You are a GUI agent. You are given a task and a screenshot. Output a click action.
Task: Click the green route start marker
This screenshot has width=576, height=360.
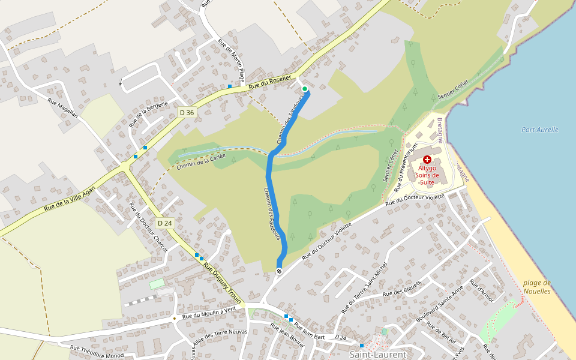point(305,89)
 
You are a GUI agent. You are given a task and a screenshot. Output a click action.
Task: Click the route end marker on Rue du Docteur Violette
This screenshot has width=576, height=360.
point(279,272)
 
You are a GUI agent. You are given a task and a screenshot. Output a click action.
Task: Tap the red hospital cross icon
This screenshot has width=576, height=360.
point(427,160)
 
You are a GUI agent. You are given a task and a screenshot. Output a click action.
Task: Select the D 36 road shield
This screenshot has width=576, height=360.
point(187,112)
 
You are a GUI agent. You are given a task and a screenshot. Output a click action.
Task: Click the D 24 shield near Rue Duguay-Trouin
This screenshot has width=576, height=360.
point(164,223)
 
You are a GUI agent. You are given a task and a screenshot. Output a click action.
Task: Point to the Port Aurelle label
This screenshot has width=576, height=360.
point(540,130)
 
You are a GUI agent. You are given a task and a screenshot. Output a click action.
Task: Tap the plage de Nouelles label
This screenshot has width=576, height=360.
point(536,287)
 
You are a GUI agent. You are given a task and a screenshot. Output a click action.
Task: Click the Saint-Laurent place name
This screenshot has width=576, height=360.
point(377,355)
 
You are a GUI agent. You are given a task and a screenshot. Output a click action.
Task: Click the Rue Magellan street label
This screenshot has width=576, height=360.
point(62,107)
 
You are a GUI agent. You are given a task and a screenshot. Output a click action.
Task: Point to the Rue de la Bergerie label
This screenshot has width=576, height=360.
point(148,113)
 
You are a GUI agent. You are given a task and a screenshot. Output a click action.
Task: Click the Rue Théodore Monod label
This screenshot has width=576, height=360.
point(98,351)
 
